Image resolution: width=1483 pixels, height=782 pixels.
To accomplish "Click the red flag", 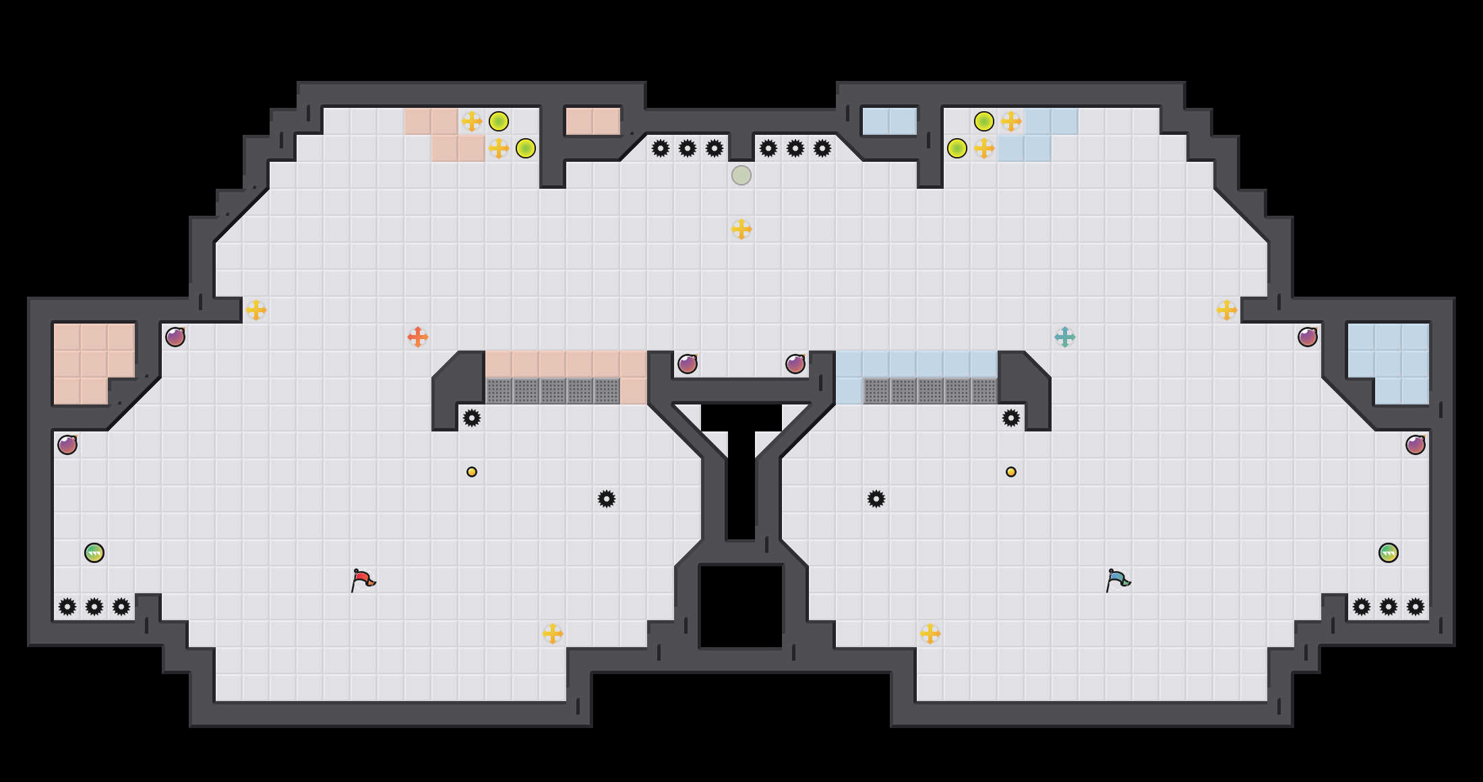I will point(363,580).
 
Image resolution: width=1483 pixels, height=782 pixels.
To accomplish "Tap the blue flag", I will point(1118,580).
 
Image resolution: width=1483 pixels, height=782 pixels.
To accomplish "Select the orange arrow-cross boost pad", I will point(418,337).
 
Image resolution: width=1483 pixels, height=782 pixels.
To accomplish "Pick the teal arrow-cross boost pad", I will point(1065,337).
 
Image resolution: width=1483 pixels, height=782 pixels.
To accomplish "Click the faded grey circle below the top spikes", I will point(741,175).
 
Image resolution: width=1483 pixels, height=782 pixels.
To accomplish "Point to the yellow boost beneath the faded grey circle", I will point(741,229).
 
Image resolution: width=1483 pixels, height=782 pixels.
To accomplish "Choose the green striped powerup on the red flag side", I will point(94,553).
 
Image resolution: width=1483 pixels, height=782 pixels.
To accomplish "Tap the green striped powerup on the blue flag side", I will point(1389,553).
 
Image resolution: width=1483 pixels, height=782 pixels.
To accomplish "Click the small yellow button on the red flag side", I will point(472,472).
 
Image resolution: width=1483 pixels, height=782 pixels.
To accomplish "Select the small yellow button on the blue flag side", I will point(1011,472).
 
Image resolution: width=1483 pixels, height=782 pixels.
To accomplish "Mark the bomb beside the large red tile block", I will point(175,337).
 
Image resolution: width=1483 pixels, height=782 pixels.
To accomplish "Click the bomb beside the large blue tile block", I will point(1308,337).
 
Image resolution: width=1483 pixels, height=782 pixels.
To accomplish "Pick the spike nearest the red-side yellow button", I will point(472,418).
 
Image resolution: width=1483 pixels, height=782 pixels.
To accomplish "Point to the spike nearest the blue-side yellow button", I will point(1011,418).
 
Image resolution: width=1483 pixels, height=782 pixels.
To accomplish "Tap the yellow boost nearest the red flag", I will point(553,634).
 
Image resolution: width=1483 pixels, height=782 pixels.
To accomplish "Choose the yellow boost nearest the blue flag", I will point(930,634).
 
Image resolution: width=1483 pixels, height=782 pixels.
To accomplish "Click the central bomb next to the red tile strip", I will point(688,364).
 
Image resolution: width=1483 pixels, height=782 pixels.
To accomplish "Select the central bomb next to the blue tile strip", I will point(795,364).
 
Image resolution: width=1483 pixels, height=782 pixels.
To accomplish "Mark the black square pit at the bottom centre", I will point(741,607).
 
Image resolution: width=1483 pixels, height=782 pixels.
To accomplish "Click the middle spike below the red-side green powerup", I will point(94,607).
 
